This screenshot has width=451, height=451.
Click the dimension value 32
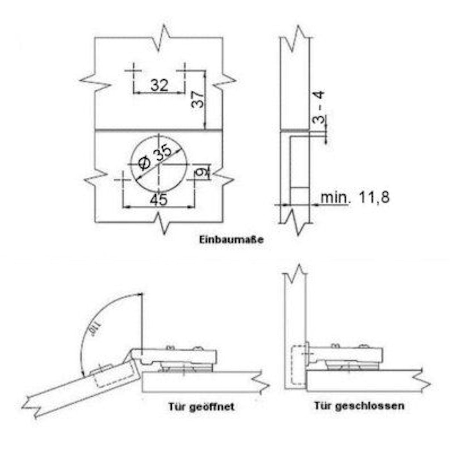coord(159,85)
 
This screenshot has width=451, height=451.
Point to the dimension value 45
coord(158,200)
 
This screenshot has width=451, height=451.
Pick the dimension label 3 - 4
coord(319,107)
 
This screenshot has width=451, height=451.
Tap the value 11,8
coord(374,197)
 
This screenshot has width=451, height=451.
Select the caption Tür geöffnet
coord(201,407)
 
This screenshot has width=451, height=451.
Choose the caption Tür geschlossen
coord(359,406)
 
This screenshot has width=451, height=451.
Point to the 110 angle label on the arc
coord(92,332)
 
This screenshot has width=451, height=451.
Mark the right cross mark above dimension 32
coord(185,70)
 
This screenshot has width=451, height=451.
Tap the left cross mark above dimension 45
coord(123,180)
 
